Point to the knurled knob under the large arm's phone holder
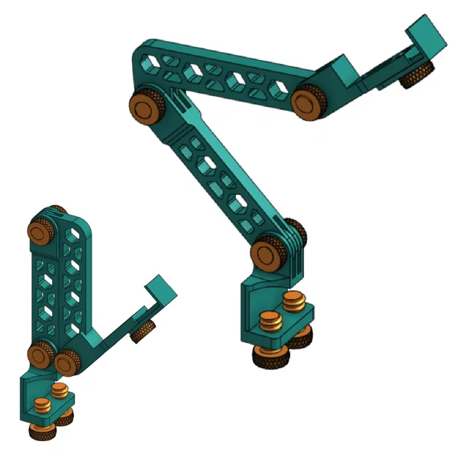416,75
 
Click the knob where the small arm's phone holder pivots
68,361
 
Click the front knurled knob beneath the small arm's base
41,430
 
